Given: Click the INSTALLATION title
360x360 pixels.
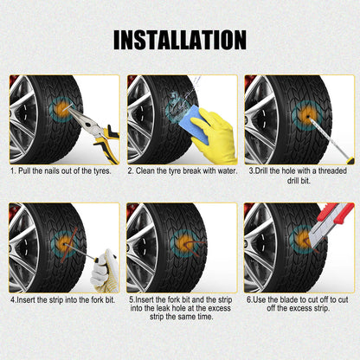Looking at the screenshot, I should [x=180, y=39].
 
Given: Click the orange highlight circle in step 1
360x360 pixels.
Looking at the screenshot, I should [x=65, y=112].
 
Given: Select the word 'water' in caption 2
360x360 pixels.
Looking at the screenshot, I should [x=221, y=170].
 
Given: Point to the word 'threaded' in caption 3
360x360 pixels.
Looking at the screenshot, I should [x=333, y=170].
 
